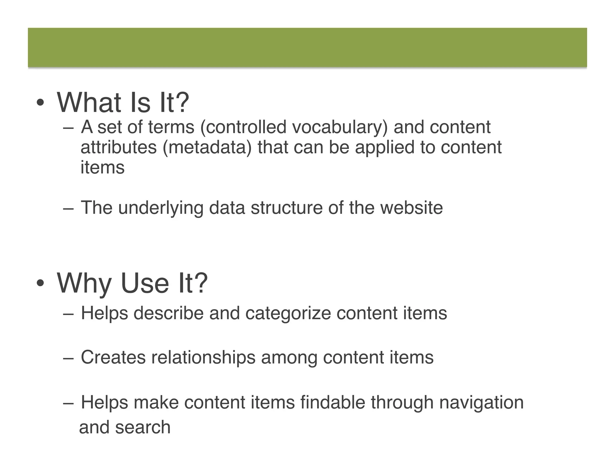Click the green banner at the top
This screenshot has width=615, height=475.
tap(307, 47)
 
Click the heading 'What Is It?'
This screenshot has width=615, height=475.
tap(123, 103)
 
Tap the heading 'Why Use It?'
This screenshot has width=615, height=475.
tap(132, 283)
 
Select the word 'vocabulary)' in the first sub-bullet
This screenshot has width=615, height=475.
tap(340, 127)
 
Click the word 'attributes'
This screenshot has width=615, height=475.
tap(119, 147)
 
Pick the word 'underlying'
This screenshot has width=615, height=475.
tap(161, 208)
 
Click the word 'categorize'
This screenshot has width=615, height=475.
tap(288, 313)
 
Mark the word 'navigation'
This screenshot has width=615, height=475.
tap(481, 403)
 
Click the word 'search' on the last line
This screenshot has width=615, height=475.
tap(143, 427)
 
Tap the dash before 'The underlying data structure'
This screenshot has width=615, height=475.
tap(68, 208)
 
